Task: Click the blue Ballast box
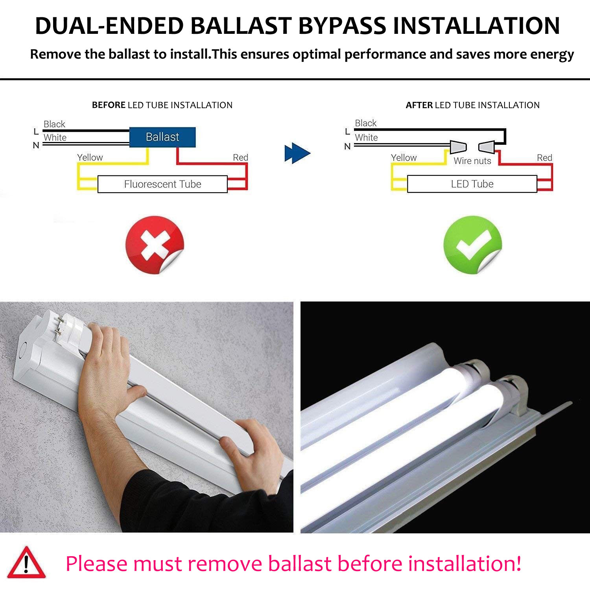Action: pyautogui.click(x=162, y=137)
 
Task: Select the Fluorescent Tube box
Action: pyautogui.click(x=162, y=184)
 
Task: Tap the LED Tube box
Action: pyautogui.click(x=472, y=184)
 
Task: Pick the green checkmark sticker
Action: pyautogui.click(x=472, y=244)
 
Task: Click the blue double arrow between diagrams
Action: pyautogui.click(x=297, y=153)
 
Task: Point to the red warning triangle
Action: pyautogui.click(x=26, y=563)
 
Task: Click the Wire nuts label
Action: pyautogui.click(x=472, y=161)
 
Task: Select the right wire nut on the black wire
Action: pyautogui.click(x=487, y=147)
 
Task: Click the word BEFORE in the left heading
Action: pyautogui.click(x=109, y=105)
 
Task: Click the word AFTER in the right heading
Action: pyautogui.click(x=419, y=105)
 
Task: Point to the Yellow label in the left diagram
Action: pyautogui.click(x=90, y=157)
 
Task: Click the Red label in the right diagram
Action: pyautogui.click(x=544, y=158)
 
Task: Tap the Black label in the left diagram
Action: pyautogui.click(x=54, y=124)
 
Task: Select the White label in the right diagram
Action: pyautogui.click(x=366, y=138)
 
